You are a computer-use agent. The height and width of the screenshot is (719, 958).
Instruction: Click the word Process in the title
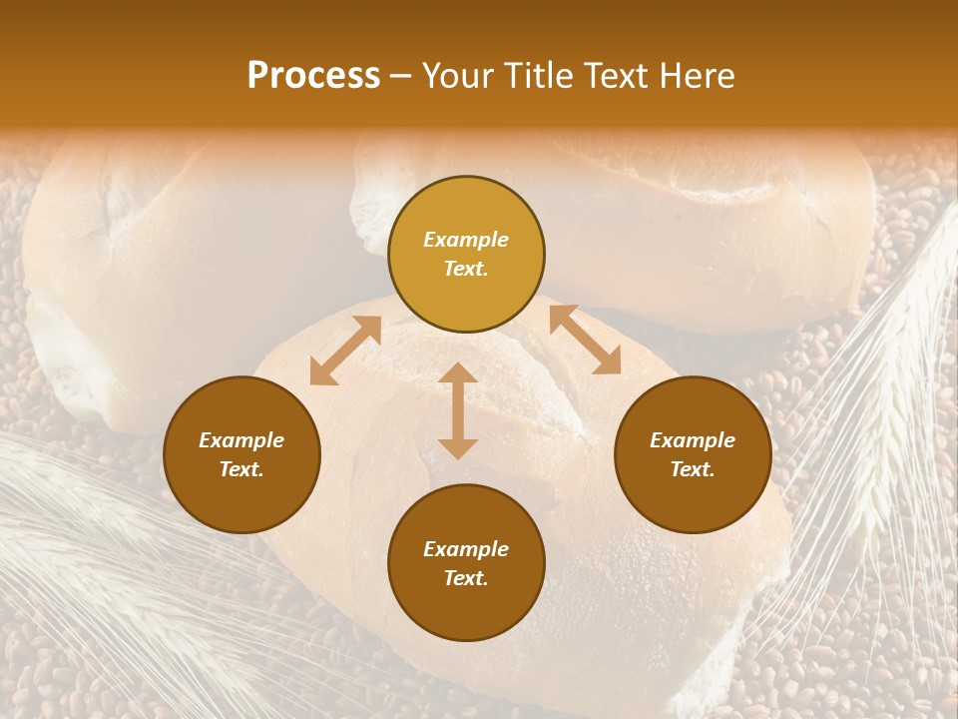tap(313, 76)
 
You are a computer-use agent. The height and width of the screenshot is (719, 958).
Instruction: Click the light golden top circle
tap(466, 254)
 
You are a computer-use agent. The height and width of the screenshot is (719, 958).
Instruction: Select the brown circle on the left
tap(241, 454)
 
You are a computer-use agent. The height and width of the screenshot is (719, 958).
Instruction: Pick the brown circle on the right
tap(693, 454)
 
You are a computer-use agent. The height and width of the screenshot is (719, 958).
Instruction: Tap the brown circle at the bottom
tap(466, 563)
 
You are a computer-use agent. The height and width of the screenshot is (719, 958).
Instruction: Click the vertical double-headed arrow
tap(458, 410)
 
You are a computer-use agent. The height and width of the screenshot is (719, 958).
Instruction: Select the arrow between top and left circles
tap(345, 351)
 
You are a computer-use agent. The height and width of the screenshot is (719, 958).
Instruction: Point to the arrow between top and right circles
tap(585, 340)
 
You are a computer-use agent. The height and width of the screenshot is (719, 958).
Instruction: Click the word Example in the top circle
tap(466, 240)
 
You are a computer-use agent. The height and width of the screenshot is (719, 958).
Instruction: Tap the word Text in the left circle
tap(241, 469)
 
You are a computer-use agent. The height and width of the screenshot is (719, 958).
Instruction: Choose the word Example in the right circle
tap(693, 440)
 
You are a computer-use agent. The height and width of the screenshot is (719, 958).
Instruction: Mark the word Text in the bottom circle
tap(466, 578)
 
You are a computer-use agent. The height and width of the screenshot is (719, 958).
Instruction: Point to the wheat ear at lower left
tap(90, 559)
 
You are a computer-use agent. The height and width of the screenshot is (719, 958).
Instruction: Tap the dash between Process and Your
tap(401, 77)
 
